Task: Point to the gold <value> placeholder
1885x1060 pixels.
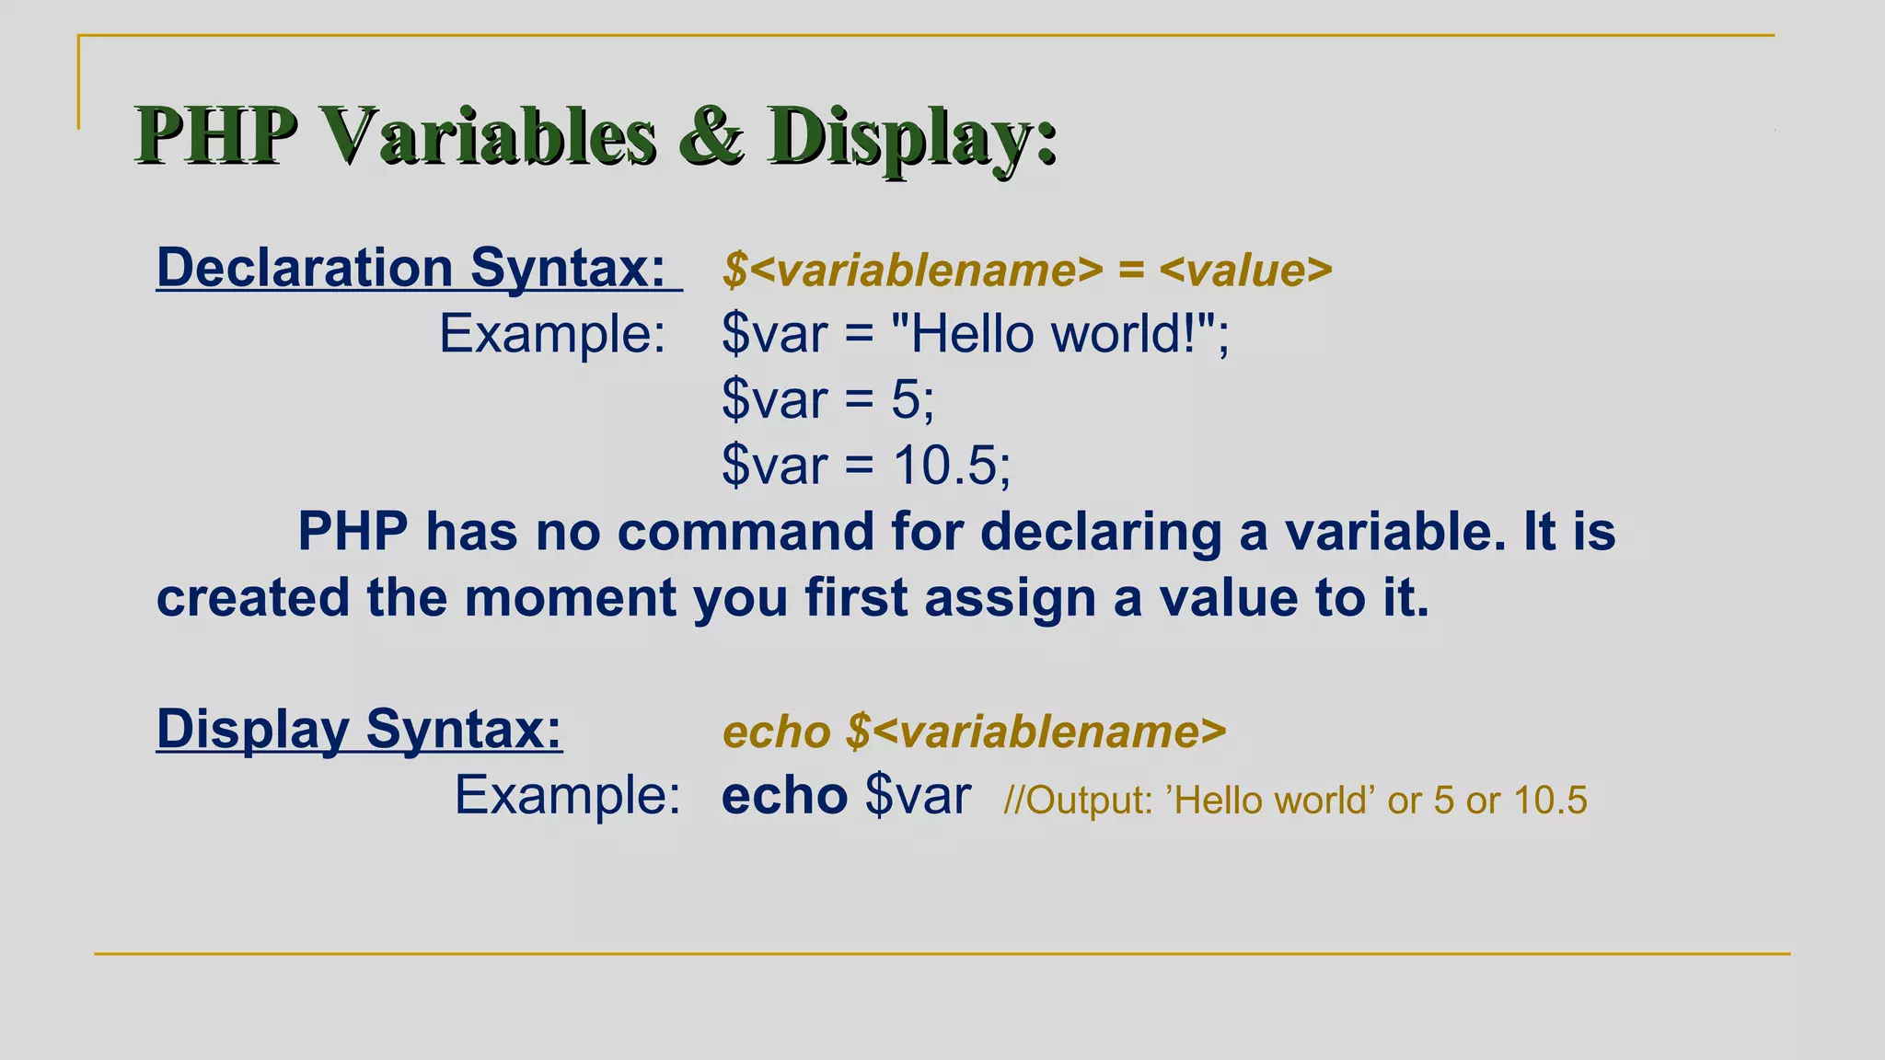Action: pos(1245,271)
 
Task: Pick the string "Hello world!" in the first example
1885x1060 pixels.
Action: pos(1055,333)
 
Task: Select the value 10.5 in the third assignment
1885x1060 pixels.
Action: pos(944,466)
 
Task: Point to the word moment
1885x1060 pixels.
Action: pos(570,598)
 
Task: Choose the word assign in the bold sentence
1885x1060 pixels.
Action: pos(1010,598)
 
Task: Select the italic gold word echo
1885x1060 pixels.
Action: pos(777,732)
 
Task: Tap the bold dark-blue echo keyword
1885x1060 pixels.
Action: pos(784,796)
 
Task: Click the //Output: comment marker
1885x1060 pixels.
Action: pos(1078,801)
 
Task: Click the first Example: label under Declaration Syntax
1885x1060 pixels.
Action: pos(551,333)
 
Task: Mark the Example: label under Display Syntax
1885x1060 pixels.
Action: pos(567,796)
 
